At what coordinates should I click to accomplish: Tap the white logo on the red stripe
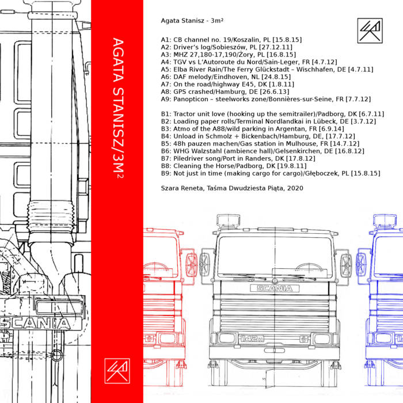point(116,370)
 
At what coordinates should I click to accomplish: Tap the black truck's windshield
point(275,251)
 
